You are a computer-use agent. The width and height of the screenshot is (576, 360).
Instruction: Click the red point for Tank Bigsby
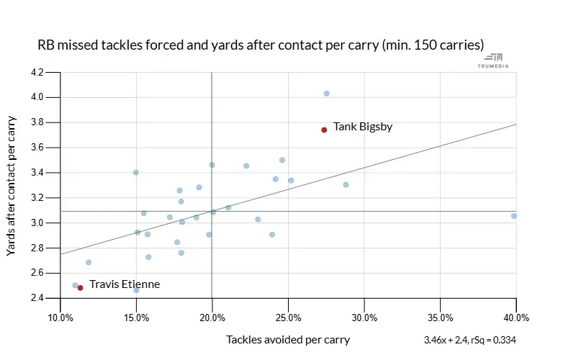pyautogui.click(x=324, y=130)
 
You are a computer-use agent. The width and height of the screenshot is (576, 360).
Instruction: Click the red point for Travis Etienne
pyautogui.click(x=80, y=287)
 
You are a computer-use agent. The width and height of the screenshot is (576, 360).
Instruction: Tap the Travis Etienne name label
pyautogui.click(x=124, y=284)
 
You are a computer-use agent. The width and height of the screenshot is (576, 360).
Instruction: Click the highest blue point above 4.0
pyautogui.click(x=326, y=94)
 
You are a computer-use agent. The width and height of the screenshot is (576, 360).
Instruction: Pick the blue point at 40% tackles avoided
pyautogui.click(x=514, y=216)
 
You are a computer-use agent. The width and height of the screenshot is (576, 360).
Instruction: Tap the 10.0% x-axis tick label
pyautogui.click(x=60, y=318)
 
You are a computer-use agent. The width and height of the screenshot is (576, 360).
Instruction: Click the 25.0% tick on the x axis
pyautogui.click(x=289, y=318)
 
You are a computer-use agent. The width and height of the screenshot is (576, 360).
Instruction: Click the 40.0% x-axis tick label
pyautogui.click(x=516, y=318)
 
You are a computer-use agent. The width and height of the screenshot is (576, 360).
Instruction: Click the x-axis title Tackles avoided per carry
pyautogui.click(x=288, y=339)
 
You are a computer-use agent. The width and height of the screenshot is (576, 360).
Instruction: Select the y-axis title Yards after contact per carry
pyautogui.click(x=12, y=185)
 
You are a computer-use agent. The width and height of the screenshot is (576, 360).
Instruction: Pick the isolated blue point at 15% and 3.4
pyautogui.click(x=135, y=172)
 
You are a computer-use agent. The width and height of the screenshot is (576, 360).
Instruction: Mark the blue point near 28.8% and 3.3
pyautogui.click(x=346, y=185)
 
